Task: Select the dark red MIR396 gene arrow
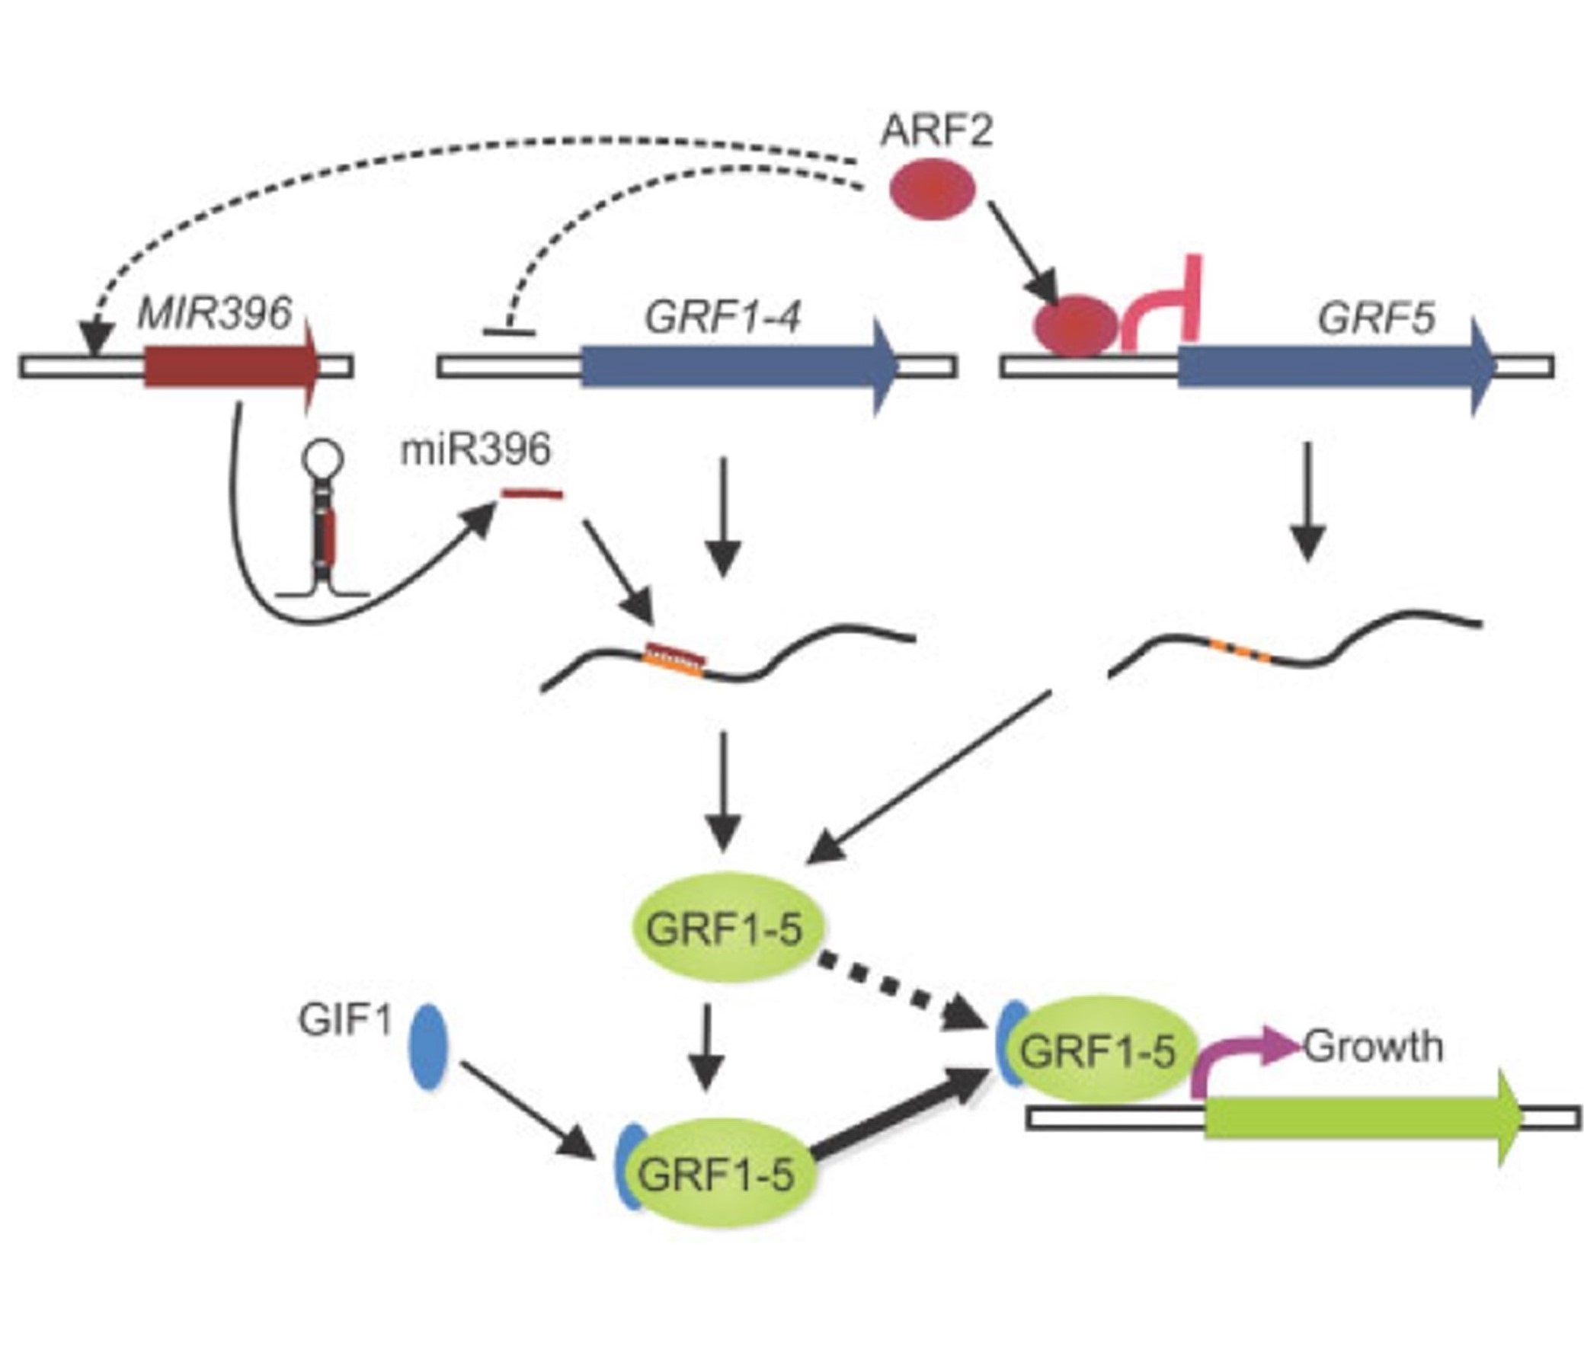[x=229, y=366]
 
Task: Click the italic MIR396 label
[x=215, y=313]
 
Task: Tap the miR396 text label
[x=475, y=450]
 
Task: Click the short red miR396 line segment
[x=532, y=495]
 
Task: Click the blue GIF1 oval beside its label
[x=430, y=1047]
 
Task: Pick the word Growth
[x=1373, y=1047]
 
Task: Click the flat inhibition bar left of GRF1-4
[x=509, y=331]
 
